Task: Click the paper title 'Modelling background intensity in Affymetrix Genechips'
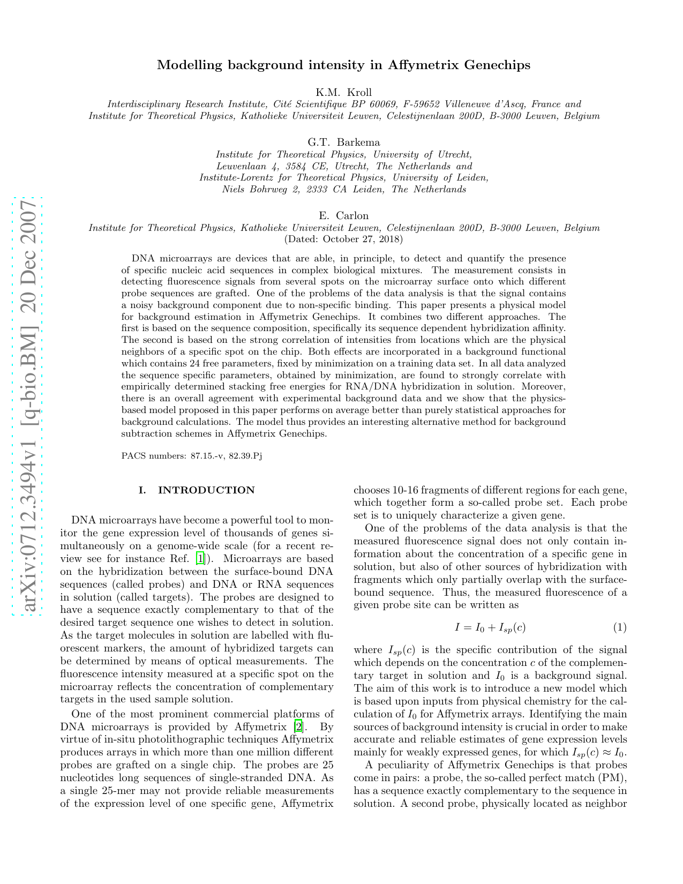(343, 65)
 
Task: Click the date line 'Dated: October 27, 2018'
(343, 239)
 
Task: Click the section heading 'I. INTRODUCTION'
(197, 490)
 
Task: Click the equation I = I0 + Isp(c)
(486, 627)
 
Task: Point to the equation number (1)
(620, 627)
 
